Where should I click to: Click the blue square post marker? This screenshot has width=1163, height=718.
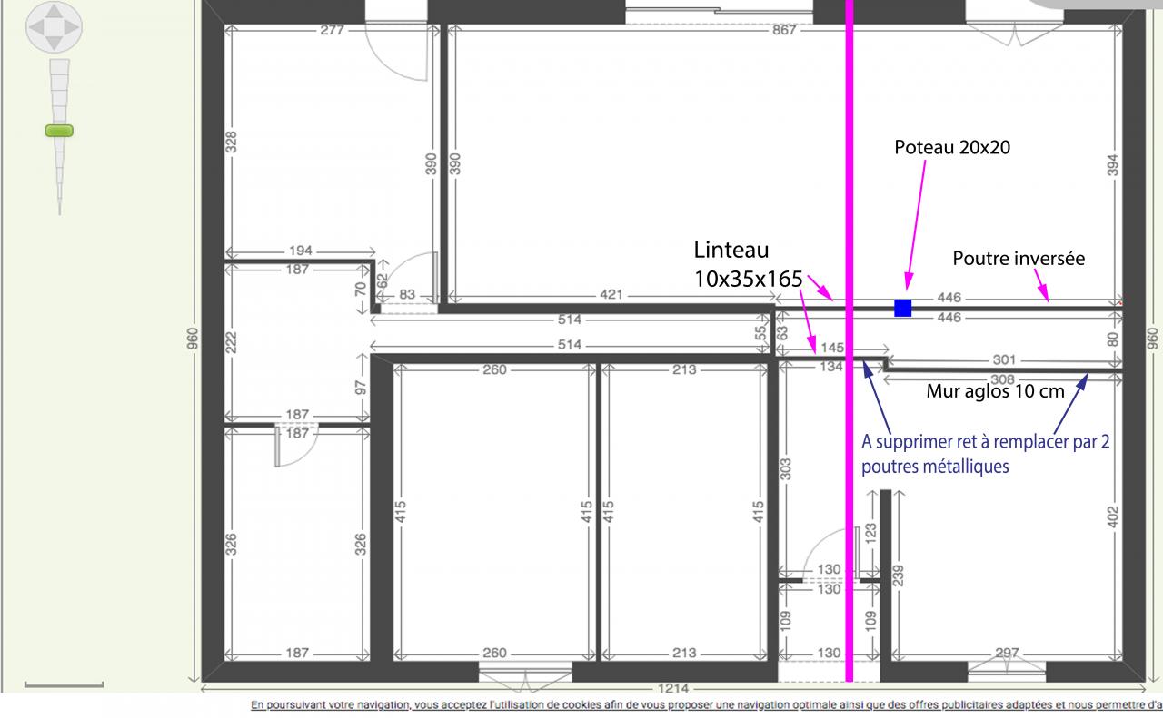pos(903,308)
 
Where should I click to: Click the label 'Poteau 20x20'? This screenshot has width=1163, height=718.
pos(952,147)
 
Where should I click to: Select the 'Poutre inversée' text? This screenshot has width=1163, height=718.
pos(1019,259)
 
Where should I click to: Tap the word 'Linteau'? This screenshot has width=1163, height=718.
pos(731,250)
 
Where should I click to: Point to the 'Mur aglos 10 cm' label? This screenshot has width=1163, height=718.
pos(995,391)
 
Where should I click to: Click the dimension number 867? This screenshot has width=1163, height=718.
pos(784,30)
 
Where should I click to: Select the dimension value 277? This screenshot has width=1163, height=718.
pos(332,30)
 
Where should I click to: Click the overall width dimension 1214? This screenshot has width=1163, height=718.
pos(673,688)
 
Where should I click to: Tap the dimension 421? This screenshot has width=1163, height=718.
pos(611,295)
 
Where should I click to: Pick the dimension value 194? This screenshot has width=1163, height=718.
pos(301,251)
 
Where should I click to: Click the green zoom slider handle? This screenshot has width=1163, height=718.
pos(59,131)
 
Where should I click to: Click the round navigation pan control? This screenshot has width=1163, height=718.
pos(54,27)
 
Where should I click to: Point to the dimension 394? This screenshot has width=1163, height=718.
pos(1112,165)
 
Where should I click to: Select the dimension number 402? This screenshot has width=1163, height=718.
pos(1112,517)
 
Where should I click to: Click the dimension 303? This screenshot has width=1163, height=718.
pos(786,469)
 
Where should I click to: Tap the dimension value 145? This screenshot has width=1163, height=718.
pos(832,348)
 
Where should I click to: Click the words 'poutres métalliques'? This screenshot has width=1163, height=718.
pos(936,467)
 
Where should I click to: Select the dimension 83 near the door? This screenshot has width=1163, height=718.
pos(407,295)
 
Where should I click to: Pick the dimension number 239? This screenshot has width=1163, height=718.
pos(899,575)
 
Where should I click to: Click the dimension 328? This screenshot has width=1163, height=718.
pos(232,143)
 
